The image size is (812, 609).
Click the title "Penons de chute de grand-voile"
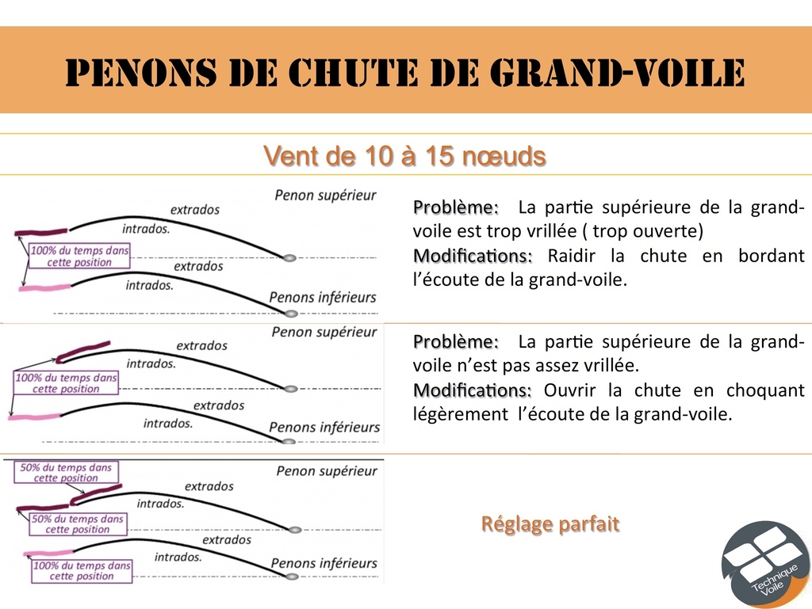point(405,72)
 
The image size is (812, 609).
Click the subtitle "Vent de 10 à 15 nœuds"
point(404,155)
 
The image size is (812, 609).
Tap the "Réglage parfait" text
point(550,524)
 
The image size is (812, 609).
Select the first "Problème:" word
point(456,207)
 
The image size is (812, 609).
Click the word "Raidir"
point(571,255)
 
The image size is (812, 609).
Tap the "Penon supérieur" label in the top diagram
point(325,196)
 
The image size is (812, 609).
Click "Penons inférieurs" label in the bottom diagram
point(324,563)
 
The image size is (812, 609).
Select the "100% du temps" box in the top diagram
point(79,256)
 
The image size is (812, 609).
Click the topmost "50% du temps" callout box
point(66,473)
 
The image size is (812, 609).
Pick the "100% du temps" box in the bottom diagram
point(82,571)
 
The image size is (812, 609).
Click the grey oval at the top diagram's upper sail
point(289,257)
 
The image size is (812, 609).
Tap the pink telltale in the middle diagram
point(34,417)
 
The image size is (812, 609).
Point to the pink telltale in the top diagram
point(44,287)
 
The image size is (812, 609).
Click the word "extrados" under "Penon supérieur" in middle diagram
point(202,345)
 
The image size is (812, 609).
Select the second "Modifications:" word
point(473,390)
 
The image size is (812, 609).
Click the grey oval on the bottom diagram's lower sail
point(292,577)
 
